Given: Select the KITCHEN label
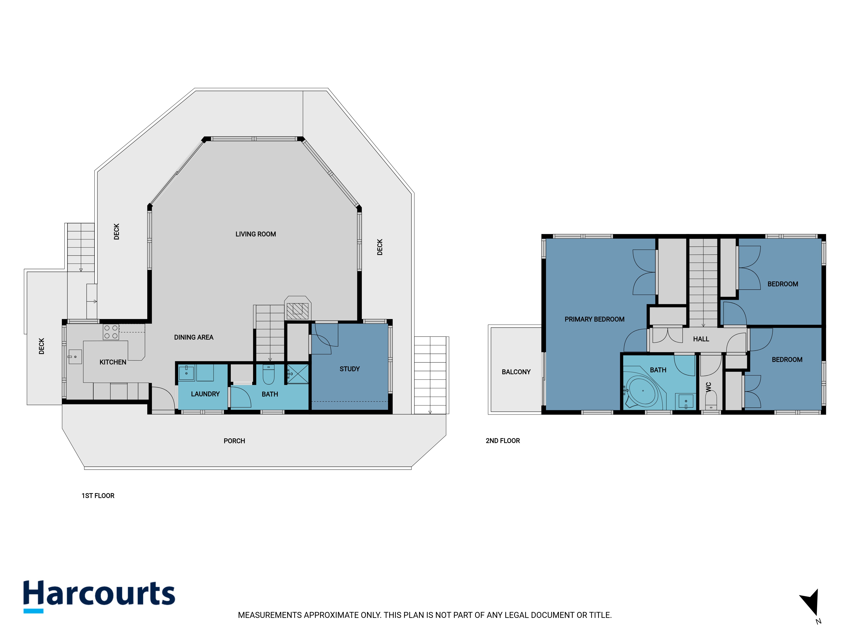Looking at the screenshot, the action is [x=113, y=362].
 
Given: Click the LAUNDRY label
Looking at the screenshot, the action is [x=205, y=394].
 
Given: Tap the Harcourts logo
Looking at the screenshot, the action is [x=99, y=596].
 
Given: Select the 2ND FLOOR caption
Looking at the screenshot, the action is [x=503, y=441].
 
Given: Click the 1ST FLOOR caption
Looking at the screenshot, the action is [x=98, y=496].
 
